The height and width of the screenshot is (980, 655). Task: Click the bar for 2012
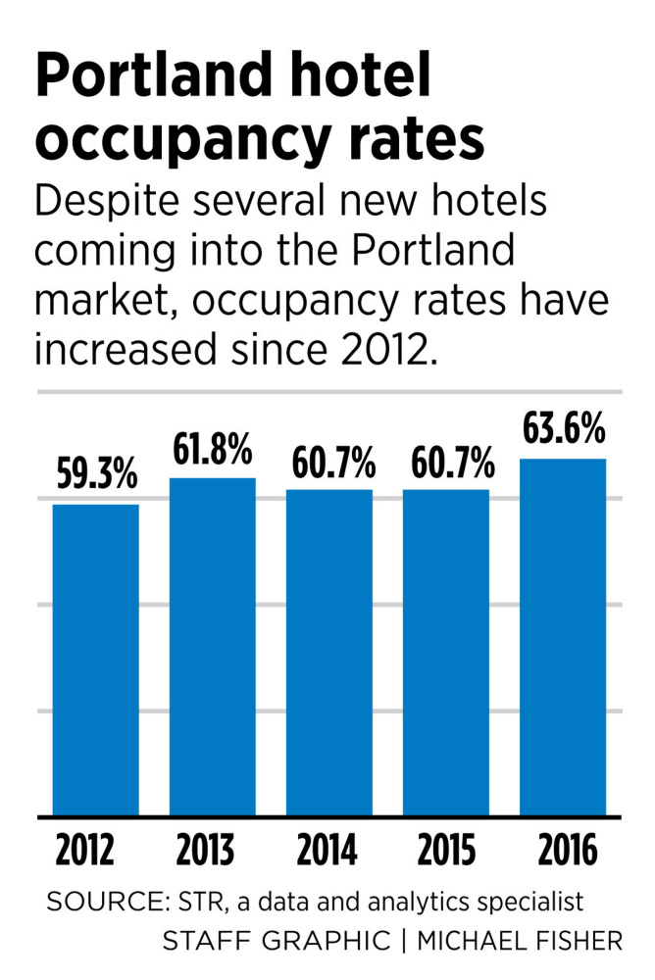[x=95, y=659]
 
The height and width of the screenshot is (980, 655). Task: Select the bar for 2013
[x=212, y=646]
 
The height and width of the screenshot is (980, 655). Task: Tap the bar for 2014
[x=329, y=652]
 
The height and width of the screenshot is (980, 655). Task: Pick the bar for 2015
[x=446, y=652]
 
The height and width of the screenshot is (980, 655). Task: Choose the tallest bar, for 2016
[x=563, y=636]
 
